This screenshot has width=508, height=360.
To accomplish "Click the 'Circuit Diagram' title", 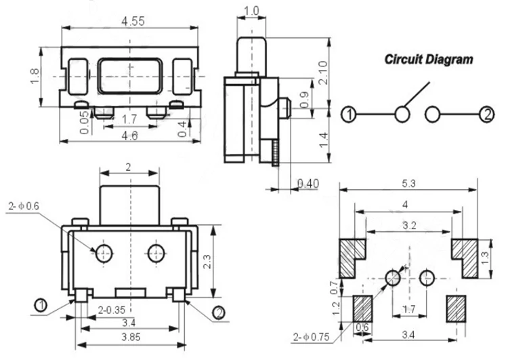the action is [429, 60].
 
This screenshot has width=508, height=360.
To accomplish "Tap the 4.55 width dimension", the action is [133, 22].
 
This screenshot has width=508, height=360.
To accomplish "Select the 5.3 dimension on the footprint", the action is [408, 184].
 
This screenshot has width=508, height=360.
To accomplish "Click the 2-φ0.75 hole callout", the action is [312, 338].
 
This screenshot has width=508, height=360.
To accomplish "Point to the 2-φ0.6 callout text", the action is [24, 206].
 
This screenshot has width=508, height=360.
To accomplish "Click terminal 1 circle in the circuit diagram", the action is [349, 115].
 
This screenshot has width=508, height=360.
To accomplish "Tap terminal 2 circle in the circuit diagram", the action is [486, 115].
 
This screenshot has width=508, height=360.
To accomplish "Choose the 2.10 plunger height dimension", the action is [323, 73].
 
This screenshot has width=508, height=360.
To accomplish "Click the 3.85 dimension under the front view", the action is [131, 337].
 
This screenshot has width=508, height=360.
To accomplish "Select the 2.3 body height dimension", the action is [207, 262].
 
